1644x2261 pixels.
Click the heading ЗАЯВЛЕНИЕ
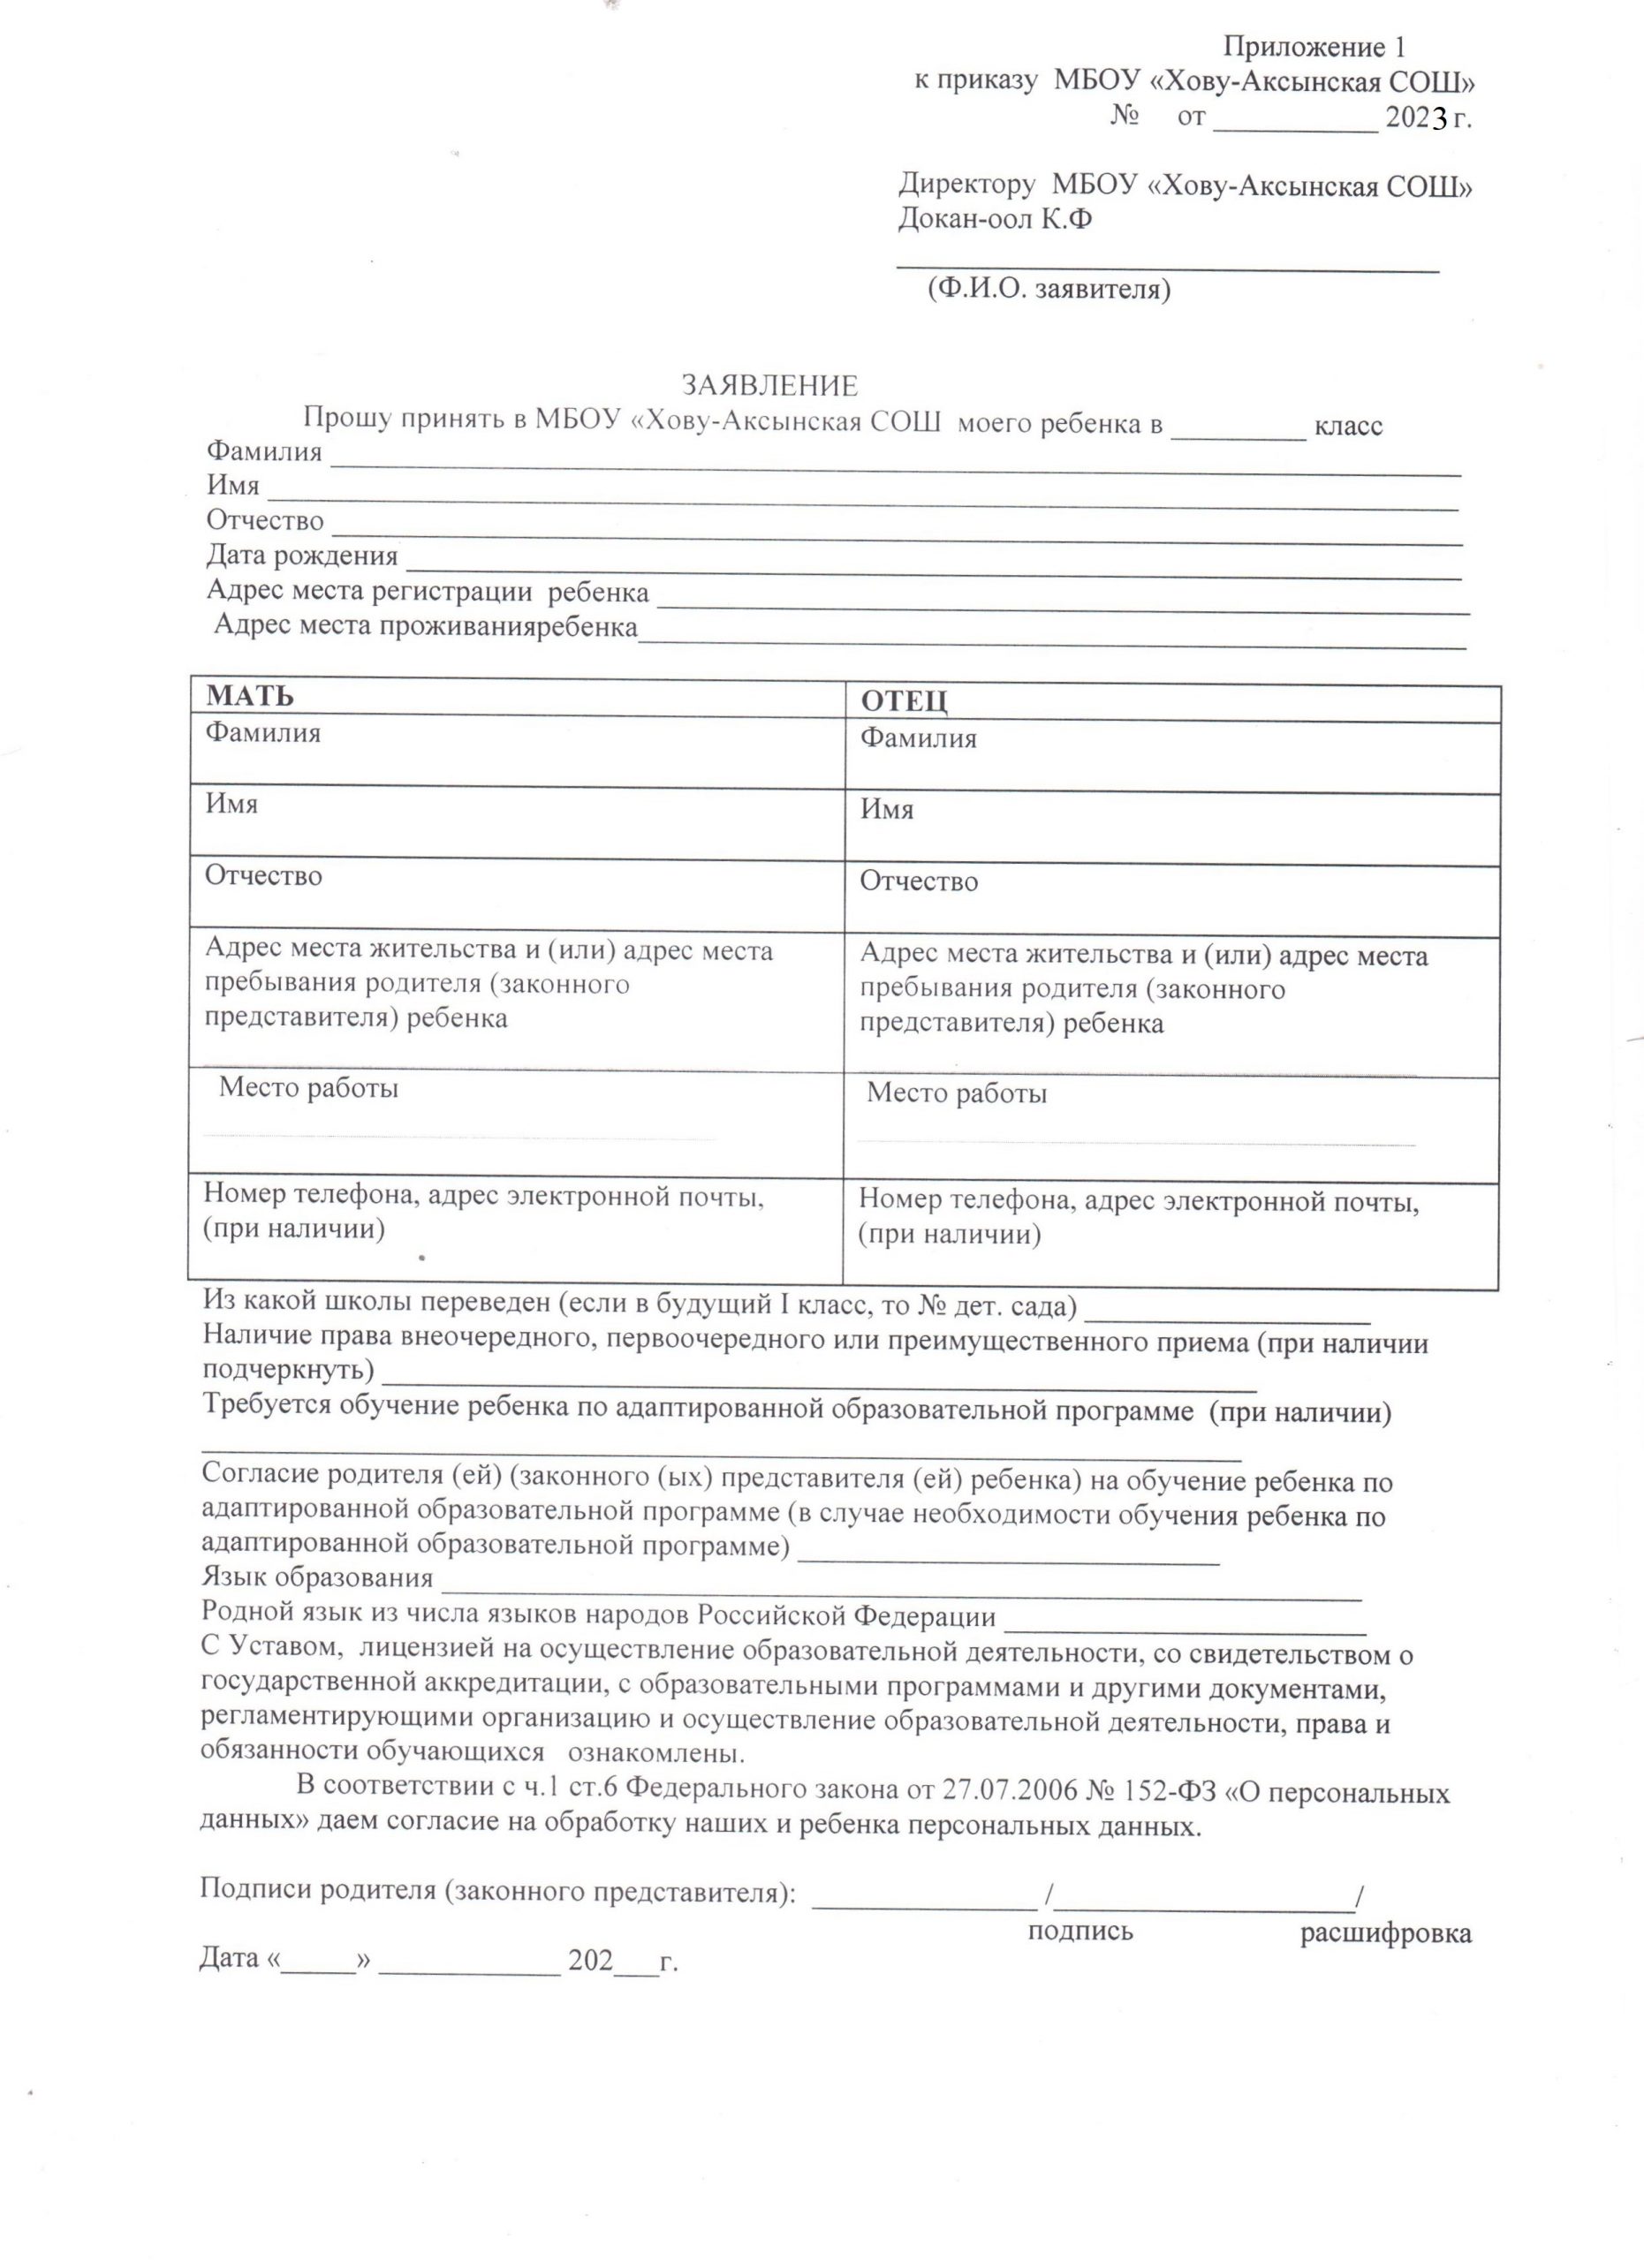(x=769, y=386)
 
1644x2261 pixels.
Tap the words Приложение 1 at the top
(x=1313, y=47)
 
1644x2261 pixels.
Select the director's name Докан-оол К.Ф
(x=994, y=218)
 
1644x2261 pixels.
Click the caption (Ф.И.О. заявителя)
(x=1048, y=289)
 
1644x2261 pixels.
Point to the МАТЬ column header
(x=249, y=696)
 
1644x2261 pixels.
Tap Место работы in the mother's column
(x=308, y=1087)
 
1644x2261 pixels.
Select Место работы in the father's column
(x=956, y=1093)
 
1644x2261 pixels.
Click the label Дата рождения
(x=301, y=556)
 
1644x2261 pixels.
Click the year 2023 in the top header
(x=1416, y=117)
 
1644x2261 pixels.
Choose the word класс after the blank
(x=1348, y=426)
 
